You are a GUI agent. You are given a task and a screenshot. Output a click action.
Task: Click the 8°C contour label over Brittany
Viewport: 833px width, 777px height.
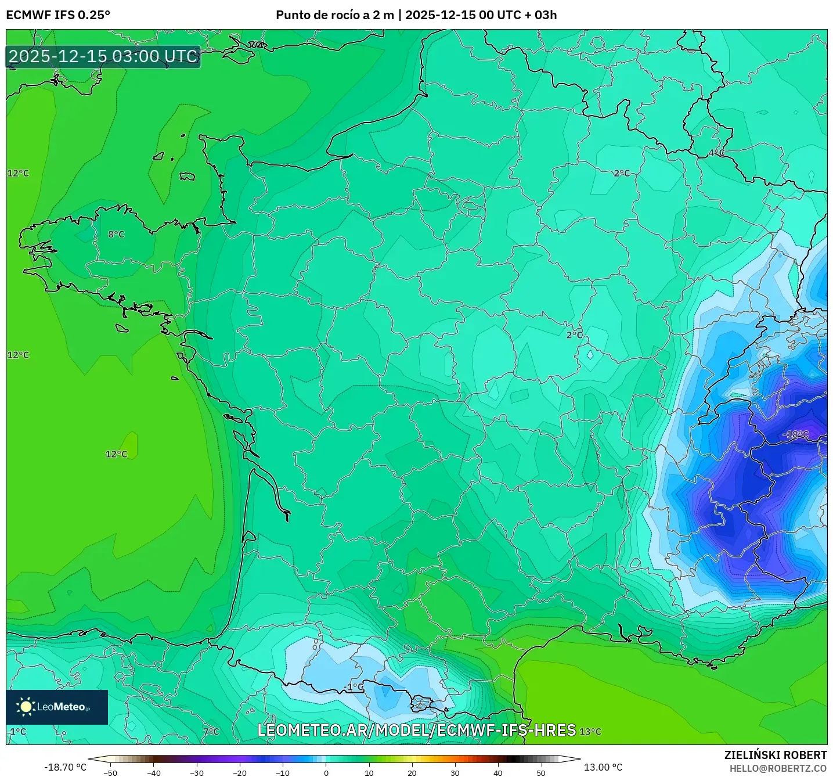[x=116, y=235]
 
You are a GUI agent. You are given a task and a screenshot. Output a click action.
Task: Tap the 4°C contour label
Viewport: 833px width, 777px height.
[x=716, y=153]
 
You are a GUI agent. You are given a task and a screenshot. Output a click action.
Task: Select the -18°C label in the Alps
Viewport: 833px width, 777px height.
[x=795, y=434]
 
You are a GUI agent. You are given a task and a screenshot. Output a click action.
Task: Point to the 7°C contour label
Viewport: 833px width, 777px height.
[x=211, y=732]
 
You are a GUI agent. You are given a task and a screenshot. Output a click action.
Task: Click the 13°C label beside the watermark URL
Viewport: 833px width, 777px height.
[x=590, y=732]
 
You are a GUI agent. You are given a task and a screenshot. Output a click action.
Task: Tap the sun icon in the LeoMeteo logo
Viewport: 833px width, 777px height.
[x=26, y=707]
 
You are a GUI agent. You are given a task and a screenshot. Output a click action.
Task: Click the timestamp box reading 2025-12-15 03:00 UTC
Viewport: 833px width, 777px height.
[x=103, y=56]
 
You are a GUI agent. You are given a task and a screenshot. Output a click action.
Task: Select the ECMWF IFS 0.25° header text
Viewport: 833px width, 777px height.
[x=58, y=15]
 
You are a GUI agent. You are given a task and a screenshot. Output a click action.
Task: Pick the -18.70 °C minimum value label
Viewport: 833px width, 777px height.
[x=65, y=767]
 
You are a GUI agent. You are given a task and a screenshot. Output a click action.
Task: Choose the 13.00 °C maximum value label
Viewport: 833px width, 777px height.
[x=603, y=767]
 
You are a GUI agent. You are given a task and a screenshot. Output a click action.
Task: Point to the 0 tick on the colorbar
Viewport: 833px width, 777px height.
[x=326, y=772]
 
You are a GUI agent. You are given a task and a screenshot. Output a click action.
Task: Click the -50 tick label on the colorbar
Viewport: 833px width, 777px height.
[x=110, y=772]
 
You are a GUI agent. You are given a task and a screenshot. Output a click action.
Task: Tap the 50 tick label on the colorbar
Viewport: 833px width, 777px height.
[x=541, y=772]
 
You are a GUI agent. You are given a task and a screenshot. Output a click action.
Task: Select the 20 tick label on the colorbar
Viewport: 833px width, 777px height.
[x=412, y=772]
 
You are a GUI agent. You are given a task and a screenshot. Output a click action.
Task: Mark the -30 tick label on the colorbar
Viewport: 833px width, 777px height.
[x=196, y=772]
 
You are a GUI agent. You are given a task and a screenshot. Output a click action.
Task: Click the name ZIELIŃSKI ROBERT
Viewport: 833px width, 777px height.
[x=775, y=755]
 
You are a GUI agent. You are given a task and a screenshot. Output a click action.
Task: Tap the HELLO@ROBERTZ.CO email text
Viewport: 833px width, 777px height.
[x=778, y=768]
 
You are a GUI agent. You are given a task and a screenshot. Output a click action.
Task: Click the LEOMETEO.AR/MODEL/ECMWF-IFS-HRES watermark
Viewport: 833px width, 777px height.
[x=416, y=730]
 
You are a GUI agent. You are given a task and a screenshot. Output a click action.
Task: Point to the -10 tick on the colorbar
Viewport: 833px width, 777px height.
[x=282, y=772]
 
